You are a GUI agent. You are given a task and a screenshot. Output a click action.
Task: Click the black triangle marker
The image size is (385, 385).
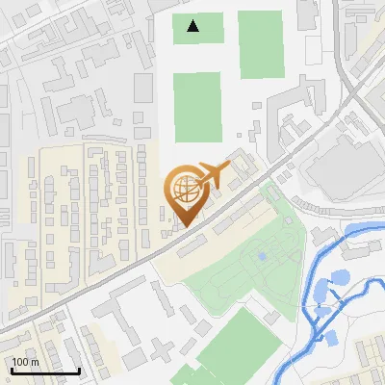click(x=193, y=26)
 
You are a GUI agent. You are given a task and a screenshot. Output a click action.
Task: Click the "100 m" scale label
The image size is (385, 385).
click(x=25, y=362)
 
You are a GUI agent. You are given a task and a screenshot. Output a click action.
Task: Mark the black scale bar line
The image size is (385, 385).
click(x=45, y=372)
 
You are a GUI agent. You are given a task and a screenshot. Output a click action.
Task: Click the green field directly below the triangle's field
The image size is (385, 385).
click(x=197, y=106)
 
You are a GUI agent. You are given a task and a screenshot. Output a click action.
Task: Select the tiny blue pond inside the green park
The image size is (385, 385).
click(x=261, y=256)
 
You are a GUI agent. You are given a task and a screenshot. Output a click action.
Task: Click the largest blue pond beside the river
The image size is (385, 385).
click(x=339, y=280)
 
